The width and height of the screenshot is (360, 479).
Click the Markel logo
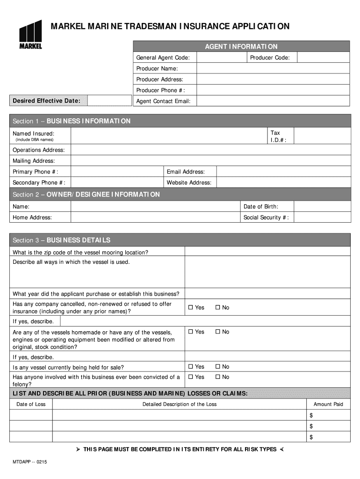click(30, 35)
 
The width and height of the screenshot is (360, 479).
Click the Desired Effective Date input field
click(109, 101)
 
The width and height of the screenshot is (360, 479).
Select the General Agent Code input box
click(222, 58)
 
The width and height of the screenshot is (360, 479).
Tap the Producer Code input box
click(323, 58)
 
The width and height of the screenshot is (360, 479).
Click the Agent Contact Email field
click(273, 101)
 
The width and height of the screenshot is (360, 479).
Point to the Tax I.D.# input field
click(322, 136)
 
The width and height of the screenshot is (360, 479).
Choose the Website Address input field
click(283, 182)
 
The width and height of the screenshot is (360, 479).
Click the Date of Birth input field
click(322, 206)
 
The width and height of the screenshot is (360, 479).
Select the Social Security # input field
click(322, 218)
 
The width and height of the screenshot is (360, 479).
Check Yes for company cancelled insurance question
click(190, 308)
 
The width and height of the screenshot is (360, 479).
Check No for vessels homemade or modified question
click(217, 332)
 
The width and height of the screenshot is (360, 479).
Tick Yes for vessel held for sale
click(190, 367)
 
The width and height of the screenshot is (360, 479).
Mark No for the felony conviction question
click(217, 377)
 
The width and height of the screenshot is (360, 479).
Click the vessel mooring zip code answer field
click(267, 252)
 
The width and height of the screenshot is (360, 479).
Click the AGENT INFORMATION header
click(241, 46)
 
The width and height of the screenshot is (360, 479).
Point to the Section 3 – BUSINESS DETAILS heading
click(62, 240)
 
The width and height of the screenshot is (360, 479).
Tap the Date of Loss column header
click(31, 404)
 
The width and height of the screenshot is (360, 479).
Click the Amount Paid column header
click(331, 404)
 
